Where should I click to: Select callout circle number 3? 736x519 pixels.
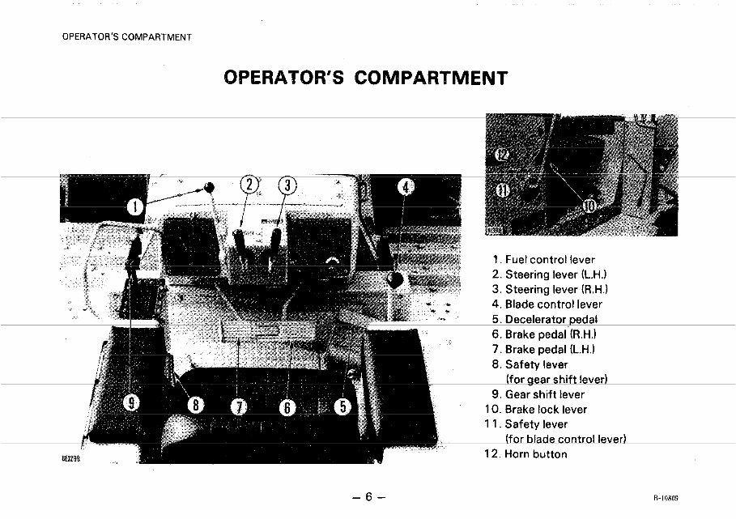click(x=287, y=186)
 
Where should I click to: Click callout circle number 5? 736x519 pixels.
click(x=342, y=406)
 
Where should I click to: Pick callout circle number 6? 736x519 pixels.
click(x=287, y=407)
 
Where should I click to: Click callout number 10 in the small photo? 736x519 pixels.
click(x=589, y=206)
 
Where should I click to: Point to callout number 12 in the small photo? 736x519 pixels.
click(x=502, y=155)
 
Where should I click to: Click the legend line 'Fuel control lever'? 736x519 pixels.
click(x=549, y=260)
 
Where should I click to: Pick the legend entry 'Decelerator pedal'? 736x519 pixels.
click(x=551, y=319)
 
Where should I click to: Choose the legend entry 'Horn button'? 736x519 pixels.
click(x=535, y=453)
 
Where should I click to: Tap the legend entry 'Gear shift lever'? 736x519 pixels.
click(x=544, y=394)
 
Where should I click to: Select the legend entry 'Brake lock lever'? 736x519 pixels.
click(x=546, y=409)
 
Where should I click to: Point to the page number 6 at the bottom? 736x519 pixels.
click(x=367, y=496)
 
